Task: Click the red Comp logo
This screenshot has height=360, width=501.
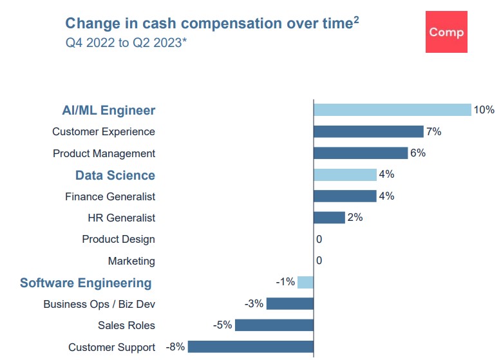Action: coord(446,32)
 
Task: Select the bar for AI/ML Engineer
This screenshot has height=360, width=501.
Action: coord(392,109)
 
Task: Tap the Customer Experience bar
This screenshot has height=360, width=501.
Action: coord(368,131)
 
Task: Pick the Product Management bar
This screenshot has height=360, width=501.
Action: coord(361,153)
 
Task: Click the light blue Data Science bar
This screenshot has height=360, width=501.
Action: coord(345,175)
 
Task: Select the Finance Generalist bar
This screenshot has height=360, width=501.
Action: coord(345,196)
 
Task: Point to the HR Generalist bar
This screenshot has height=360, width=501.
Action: coord(329,218)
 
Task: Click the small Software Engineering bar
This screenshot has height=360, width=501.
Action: coord(305,282)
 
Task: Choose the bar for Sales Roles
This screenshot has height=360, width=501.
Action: coord(274,325)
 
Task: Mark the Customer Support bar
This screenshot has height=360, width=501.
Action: coord(250,347)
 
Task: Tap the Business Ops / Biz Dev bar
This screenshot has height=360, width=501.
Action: coord(290,304)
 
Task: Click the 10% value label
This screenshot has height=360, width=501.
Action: coord(484,110)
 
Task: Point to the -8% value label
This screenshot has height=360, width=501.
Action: coord(175,346)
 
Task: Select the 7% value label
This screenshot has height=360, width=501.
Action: coord(433,131)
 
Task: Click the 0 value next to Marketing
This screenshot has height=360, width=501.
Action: coord(319,261)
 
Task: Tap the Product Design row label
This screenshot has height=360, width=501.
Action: coord(118,239)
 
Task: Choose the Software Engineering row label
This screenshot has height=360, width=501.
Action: coord(86,283)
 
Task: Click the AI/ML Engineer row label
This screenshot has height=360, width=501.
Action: coord(108,110)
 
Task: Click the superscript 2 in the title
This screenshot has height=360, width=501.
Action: coord(356,20)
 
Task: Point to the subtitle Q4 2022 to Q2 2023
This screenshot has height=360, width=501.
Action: coord(126,45)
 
